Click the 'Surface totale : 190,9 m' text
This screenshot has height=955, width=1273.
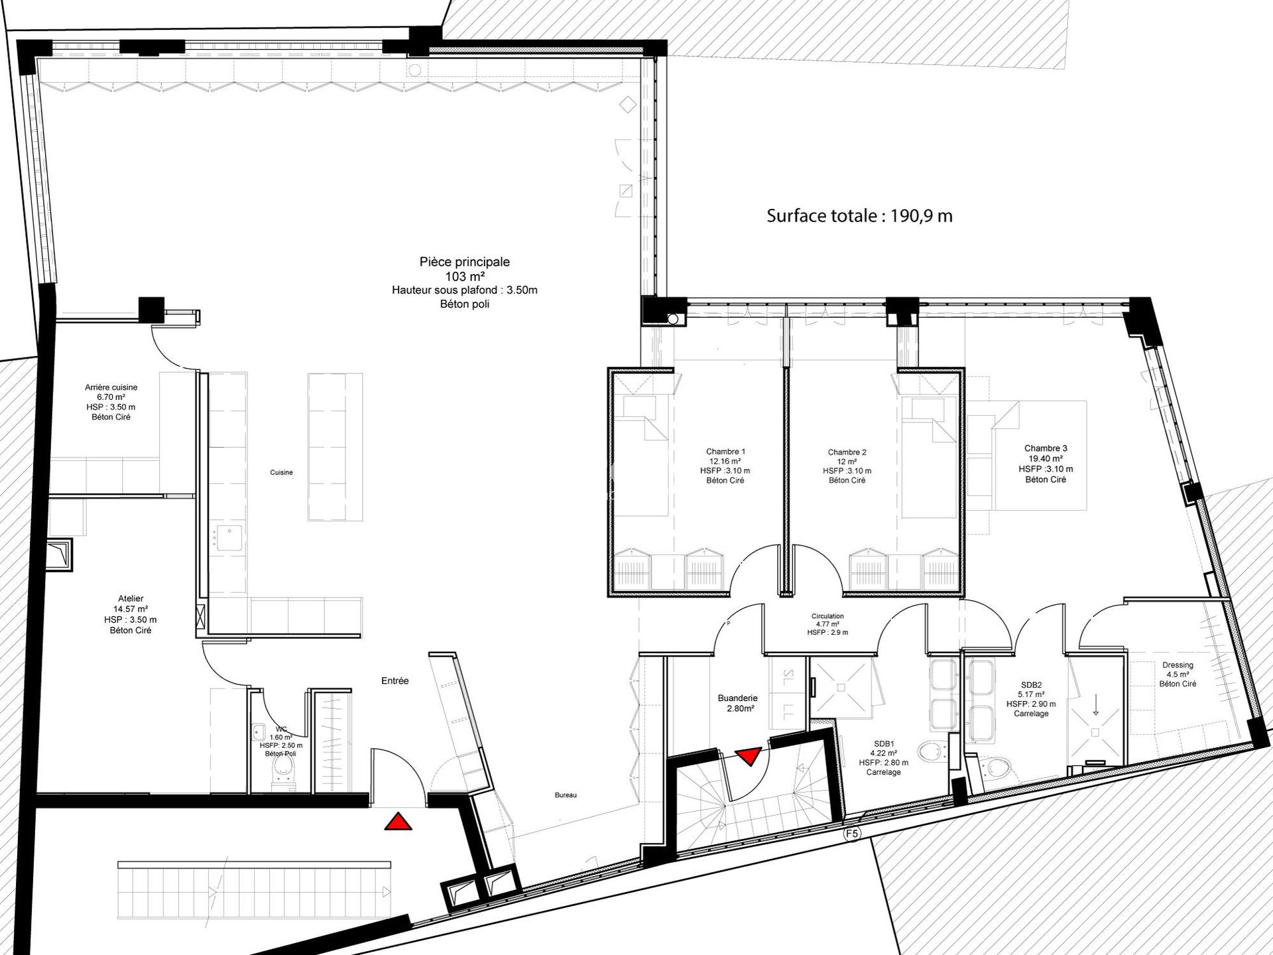[859, 216]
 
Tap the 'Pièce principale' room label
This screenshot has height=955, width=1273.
[464, 262]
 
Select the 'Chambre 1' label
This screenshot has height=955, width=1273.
[725, 452]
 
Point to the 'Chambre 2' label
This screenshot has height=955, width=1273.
[847, 452]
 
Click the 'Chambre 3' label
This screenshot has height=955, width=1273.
[1046, 448]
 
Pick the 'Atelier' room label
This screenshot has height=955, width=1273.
[131, 598]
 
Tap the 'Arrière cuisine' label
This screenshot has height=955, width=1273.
[111, 387]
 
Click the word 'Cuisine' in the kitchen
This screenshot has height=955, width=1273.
[281, 473]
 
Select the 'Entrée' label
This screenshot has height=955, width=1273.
[395, 680]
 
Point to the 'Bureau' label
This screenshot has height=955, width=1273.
[566, 795]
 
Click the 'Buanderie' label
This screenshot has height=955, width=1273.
[737, 698]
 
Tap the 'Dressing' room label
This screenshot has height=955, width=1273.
[1178, 665]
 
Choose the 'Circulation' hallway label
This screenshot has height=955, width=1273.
[827, 616]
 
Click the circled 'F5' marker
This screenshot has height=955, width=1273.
[852, 834]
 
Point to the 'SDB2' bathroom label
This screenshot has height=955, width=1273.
[1031, 685]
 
